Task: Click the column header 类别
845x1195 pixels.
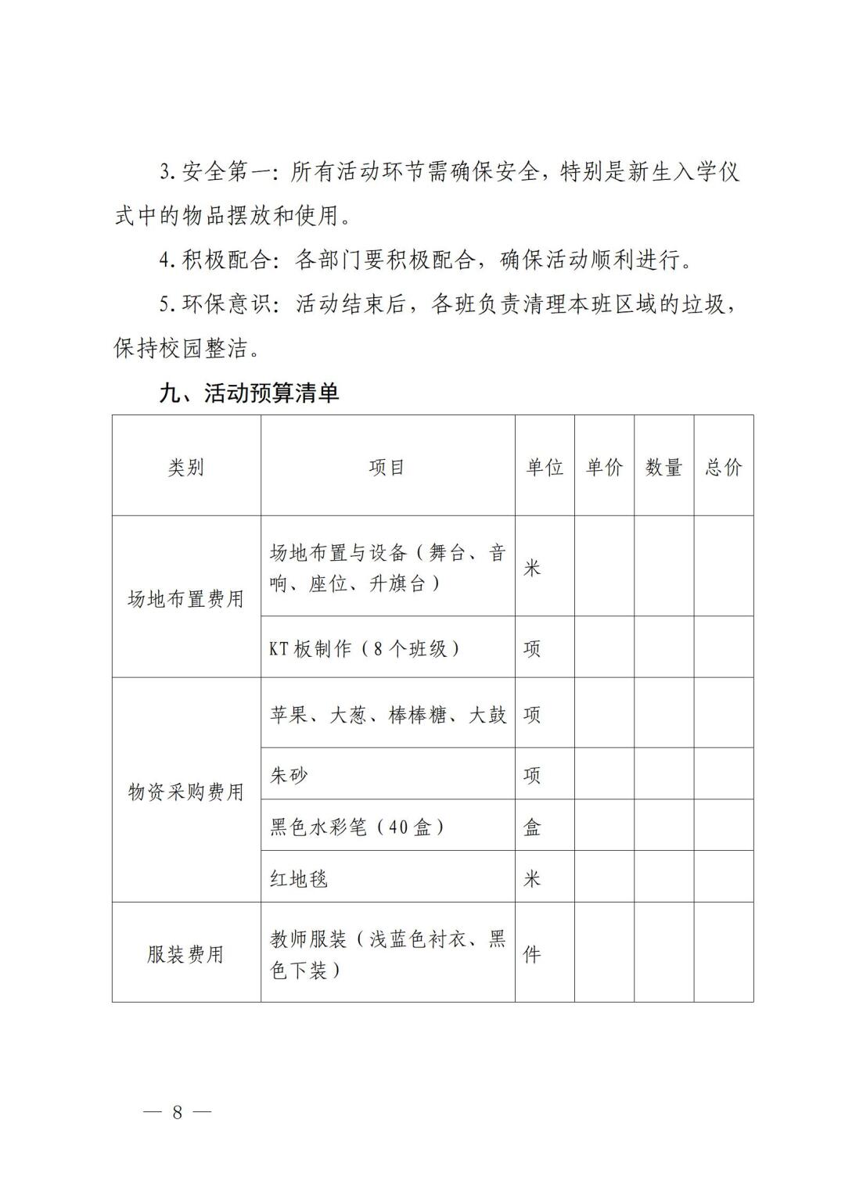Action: click(x=186, y=468)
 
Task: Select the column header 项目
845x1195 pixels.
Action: click(x=387, y=468)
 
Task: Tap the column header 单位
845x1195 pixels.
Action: click(x=545, y=468)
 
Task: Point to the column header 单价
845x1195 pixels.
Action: click(x=604, y=468)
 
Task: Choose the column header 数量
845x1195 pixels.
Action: click(x=663, y=468)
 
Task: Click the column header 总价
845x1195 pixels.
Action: click(x=724, y=468)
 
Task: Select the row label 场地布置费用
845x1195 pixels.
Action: click(x=186, y=599)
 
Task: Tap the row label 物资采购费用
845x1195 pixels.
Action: click(x=186, y=791)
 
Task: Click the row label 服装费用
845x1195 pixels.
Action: click(x=186, y=954)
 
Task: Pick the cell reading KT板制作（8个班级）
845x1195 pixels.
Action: click(x=365, y=648)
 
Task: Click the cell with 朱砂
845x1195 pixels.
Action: click(x=289, y=775)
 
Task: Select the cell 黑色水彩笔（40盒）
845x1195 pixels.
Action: click(x=358, y=827)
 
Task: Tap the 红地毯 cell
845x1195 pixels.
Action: click(x=299, y=878)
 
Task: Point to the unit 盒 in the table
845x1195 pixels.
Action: click(x=532, y=827)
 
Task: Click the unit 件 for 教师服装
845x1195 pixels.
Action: click(x=532, y=954)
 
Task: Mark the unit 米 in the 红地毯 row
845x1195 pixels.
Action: click(x=532, y=878)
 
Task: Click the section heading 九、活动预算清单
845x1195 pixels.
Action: click(x=249, y=393)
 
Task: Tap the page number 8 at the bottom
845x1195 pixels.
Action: click(x=177, y=1112)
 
